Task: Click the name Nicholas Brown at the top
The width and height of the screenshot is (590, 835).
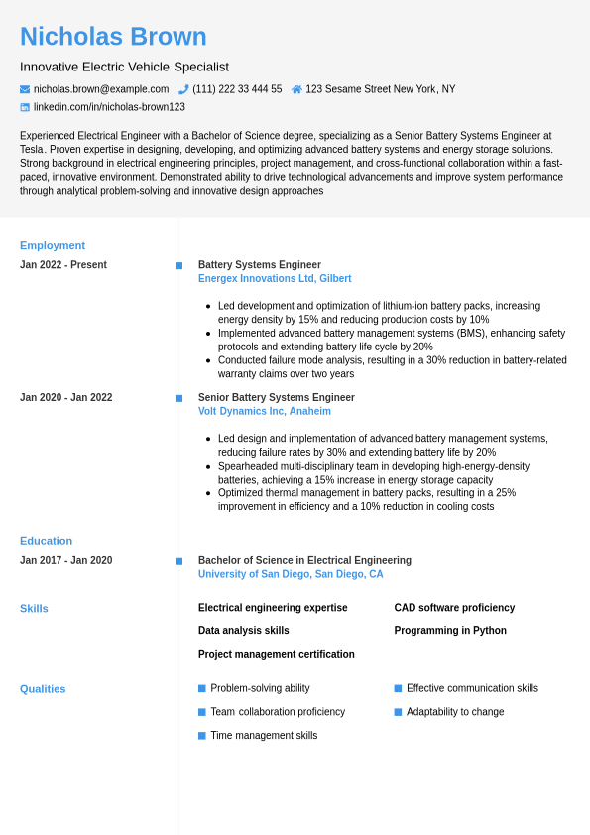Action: click(113, 37)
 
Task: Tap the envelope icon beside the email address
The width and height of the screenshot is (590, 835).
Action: click(25, 89)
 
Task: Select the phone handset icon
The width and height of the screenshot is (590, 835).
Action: click(183, 89)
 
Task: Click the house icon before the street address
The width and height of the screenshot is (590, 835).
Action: click(296, 89)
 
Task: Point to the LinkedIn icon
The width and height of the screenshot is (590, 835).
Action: click(25, 107)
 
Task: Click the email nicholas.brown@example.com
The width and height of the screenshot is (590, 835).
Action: click(101, 89)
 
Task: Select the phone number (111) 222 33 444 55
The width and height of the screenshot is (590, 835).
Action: click(237, 89)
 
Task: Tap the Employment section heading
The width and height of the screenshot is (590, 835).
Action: click(53, 245)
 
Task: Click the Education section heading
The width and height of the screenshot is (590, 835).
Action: click(46, 541)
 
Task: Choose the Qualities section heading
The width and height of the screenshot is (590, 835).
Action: click(43, 689)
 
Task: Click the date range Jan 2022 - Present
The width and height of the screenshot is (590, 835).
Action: click(63, 265)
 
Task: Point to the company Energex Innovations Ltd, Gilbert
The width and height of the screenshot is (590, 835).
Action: click(275, 279)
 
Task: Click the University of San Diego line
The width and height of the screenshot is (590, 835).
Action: click(291, 574)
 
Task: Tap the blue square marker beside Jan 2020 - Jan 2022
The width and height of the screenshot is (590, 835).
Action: click(178, 398)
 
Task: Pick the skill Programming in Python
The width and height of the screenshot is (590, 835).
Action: click(450, 631)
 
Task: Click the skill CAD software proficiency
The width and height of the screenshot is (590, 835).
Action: click(454, 608)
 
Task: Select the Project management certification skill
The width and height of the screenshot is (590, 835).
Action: click(276, 655)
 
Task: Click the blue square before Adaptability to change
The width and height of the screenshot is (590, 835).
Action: click(398, 712)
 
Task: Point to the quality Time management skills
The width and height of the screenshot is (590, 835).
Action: click(264, 736)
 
